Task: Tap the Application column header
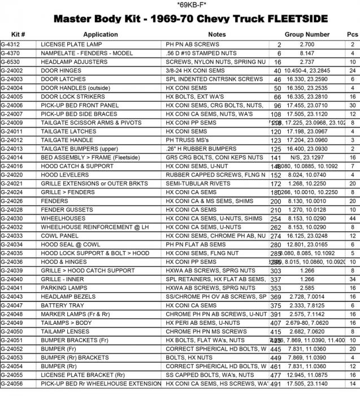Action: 101,35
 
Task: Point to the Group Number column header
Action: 307,35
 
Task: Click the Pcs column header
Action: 352,35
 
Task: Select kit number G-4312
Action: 11,44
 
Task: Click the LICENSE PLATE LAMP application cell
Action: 69,44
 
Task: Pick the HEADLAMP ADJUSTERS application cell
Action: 70,62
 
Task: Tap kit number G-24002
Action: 12,71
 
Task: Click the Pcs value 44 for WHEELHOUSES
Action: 352,218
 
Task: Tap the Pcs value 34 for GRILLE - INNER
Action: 352,279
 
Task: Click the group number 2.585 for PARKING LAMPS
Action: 307,288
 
